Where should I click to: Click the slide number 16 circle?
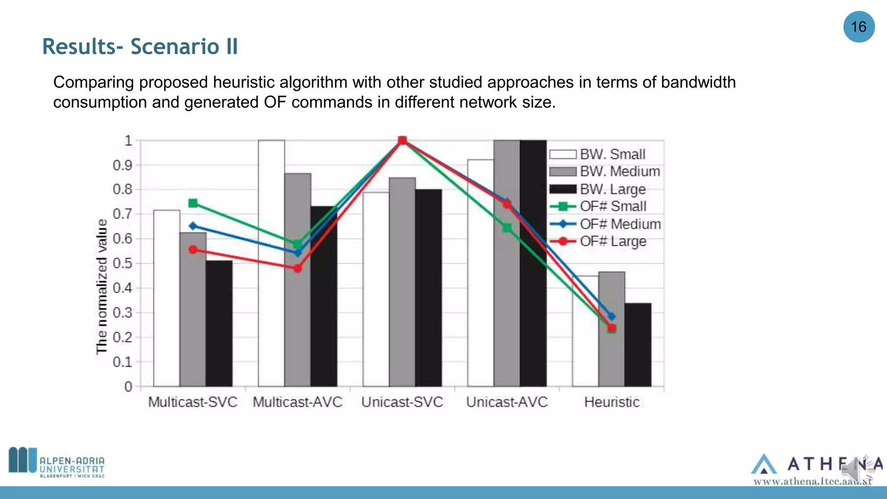coord(858,27)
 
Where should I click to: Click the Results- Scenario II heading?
coord(140,47)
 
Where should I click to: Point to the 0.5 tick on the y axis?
coord(122,263)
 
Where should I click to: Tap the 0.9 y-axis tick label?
coord(122,165)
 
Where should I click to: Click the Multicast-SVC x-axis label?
coord(193,402)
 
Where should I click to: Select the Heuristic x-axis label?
coord(612,402)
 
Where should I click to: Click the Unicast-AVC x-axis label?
coord(507,402)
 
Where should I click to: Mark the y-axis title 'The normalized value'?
coord(101,287)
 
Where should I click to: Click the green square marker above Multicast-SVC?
coord(193,203)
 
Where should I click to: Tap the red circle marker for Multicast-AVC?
coord(298,269)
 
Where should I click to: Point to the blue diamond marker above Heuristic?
coord(612,317)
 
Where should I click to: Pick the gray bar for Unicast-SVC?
coord(402,282)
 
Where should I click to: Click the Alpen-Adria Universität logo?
coord(57,463)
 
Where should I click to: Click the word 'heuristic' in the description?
coord(244,82)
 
